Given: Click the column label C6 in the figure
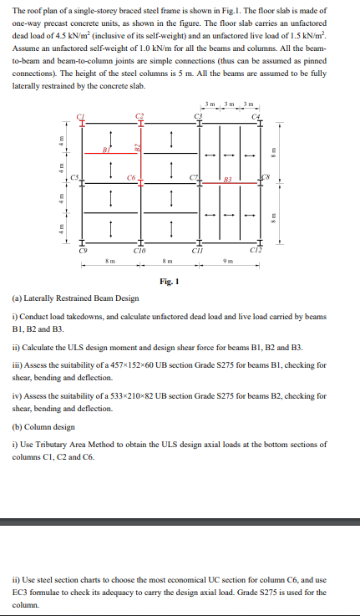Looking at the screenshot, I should [131, 177].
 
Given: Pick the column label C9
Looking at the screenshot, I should [82, 249].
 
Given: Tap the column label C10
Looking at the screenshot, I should [140, 249].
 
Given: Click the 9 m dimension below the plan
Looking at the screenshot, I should [229, 261].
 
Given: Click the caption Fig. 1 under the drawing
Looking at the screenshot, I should [171, 282].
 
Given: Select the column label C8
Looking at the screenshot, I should [266, 176].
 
